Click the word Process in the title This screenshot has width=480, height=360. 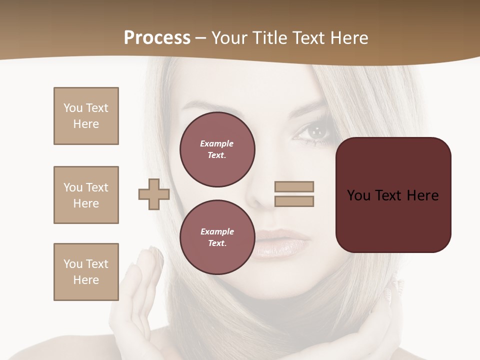(x=157, y=38)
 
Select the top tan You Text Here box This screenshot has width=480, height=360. (x=86, y=116)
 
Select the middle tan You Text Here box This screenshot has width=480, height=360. (x=86, y=195)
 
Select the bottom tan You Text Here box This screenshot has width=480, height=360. (x=86, y=272)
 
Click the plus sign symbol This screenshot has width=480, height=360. (x=154, y=194)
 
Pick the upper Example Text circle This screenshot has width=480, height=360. (x=217, y=149)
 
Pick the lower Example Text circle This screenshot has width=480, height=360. (x=217, y=237)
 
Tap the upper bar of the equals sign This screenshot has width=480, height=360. (x=294, y=186)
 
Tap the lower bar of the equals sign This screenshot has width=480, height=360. (x=294, y=201)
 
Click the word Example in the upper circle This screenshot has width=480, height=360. (x=216, y=143)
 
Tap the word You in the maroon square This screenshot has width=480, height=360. (x=358, y=195)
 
